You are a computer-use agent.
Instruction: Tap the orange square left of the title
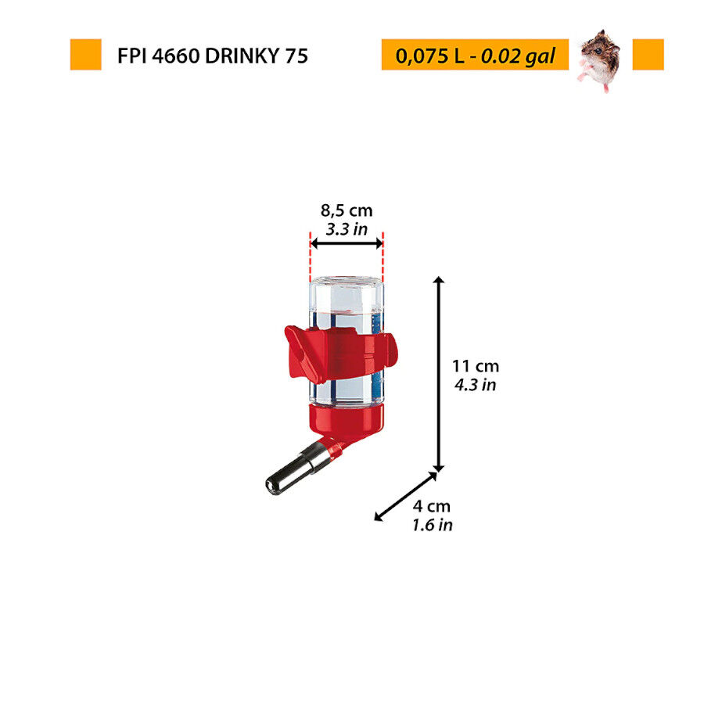tap(85, 55)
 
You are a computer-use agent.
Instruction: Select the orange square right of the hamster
tap(648, 55)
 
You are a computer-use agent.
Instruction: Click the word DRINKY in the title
tap(235, 56)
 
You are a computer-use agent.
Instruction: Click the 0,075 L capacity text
tap(429, 56)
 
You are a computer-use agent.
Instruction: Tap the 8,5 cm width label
tap(347, 210)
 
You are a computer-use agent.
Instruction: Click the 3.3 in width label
tap(347, 229)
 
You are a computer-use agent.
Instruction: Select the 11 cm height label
tap(475, 365)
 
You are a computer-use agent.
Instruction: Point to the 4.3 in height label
tap(475, 385)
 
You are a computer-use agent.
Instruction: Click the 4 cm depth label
tap(433, 506)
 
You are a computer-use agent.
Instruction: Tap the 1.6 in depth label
tap(433, 525)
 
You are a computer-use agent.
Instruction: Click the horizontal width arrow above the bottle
tap(347, 244)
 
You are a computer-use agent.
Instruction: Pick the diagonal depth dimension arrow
tap(406, 495)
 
